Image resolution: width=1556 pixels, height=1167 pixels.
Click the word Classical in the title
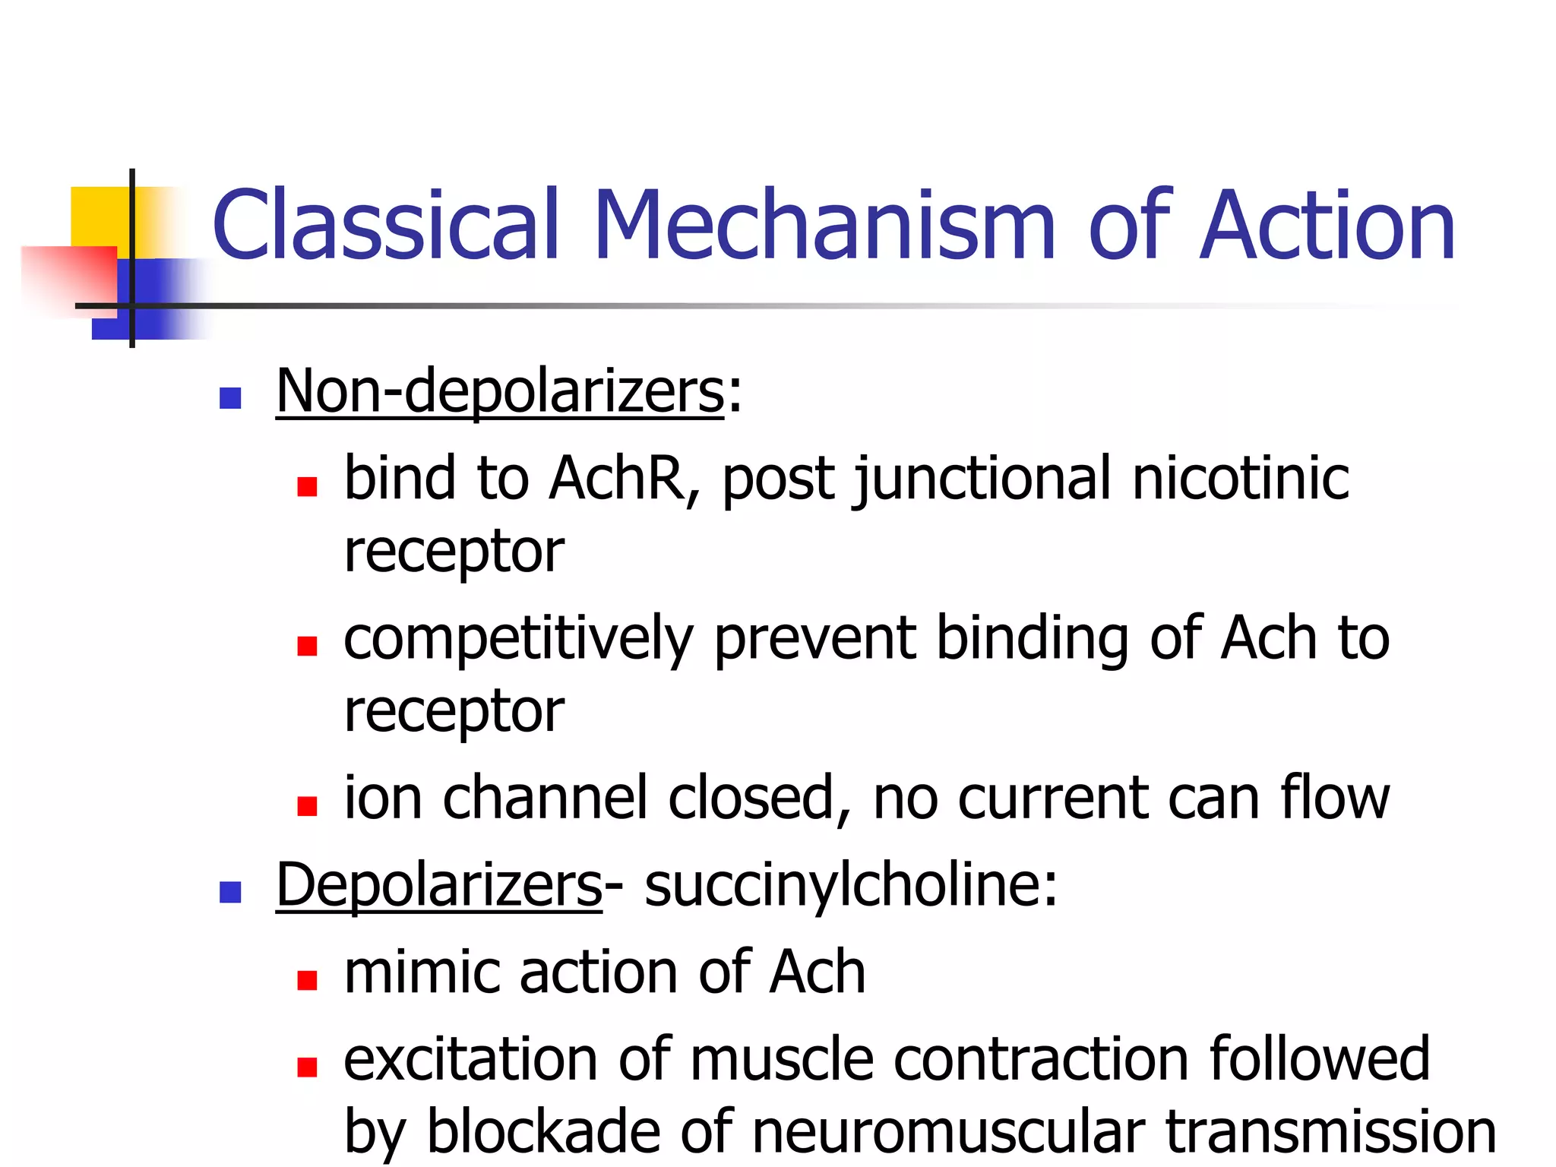pyautogui.click(x=386, y=226)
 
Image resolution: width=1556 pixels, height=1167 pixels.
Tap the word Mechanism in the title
pyautogui.click(x=824, y=226)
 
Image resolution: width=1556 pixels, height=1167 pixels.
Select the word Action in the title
pyautogui.click(x=1327, y=226)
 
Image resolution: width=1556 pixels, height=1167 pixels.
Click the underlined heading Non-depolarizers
pyautogui.click(x=500, y=391)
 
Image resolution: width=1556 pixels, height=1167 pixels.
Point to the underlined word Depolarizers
pyautogui.click(x=438, y=885)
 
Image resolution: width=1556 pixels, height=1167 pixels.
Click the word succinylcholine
pyautogui.click(x=851, y=885)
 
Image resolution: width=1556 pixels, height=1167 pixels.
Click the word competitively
pyautogui.click(x=518, y=640)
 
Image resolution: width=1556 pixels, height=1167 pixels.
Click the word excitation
pyautogui.click(x=471, y=1060)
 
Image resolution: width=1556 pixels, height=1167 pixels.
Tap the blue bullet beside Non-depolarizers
pyautogui.click(x=230, y=398)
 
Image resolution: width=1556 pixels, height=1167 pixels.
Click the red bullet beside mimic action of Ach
pyautogui.click(x=307, y=980)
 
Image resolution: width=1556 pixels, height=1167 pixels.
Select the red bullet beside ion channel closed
pyautogui.click(x=307, y=806)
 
